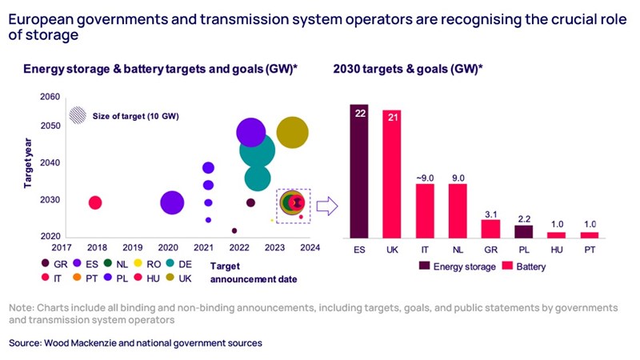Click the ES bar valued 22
click(359, 171)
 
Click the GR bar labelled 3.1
click(490, 228)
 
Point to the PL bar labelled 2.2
click(522, 231)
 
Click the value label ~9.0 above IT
click(425, 177)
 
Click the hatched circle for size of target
click(78, 116)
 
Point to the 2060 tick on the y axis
click(49, 97)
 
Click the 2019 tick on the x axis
click(133, 247)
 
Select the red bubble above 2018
click(94, 202)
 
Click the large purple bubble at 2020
click(171, 202)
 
